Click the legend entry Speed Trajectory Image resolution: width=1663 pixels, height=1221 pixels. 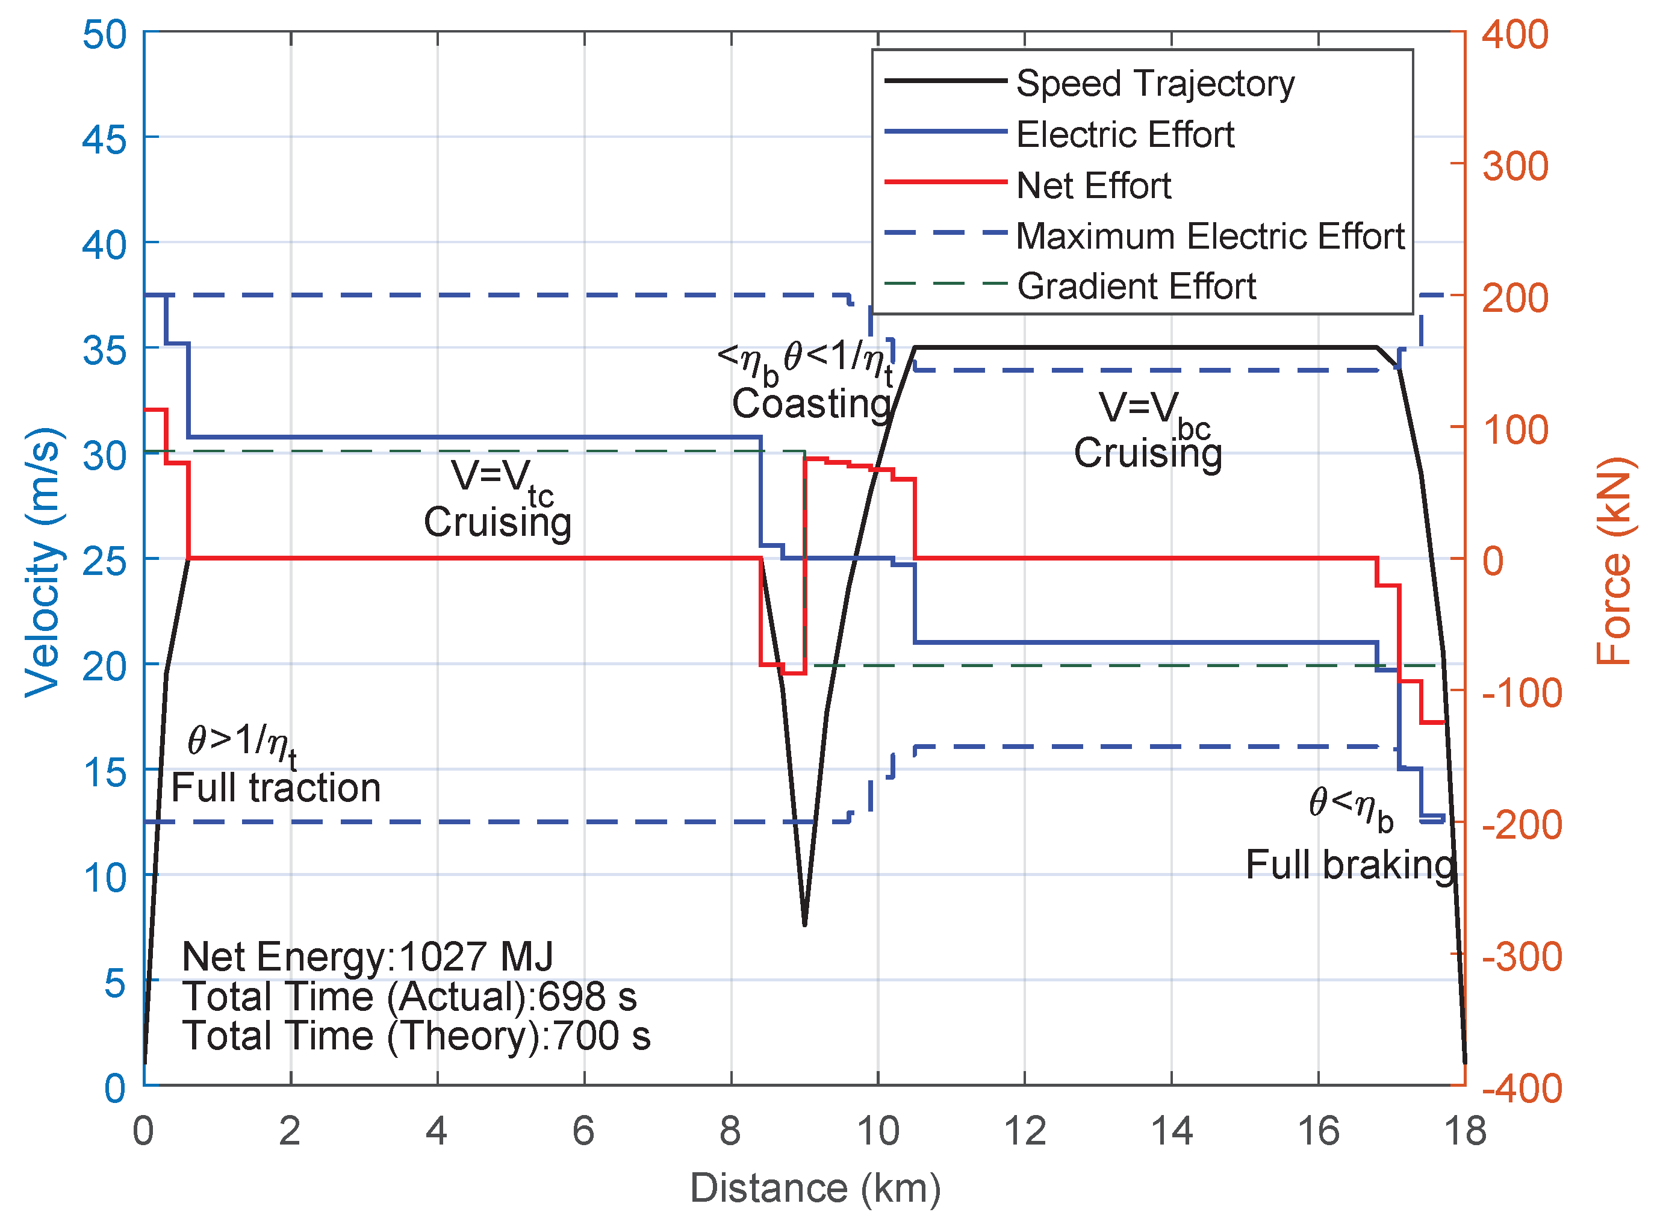[x=1154, y=84]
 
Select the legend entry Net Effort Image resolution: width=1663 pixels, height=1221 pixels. [x=1093, y=185]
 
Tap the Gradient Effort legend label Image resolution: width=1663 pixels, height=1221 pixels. [x=1136, y=286]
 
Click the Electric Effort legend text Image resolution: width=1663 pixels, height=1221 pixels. [x=1125, y=134]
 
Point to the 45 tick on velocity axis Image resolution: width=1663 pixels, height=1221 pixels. [x=104, y=138]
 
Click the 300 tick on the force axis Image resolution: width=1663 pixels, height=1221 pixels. [x=1514, y=166]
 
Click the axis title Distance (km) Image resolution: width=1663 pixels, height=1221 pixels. [x=815, y=1188]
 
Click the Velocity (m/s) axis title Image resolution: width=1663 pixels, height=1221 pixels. [x=42, y=562]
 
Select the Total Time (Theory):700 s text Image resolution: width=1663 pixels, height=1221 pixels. [x=416, y=1036]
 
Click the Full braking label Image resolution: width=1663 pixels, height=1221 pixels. [x=1351, y=864]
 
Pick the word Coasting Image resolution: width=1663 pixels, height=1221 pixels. [x=812, y=403]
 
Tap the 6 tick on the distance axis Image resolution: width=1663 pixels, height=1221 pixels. [x=584, y=1131]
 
